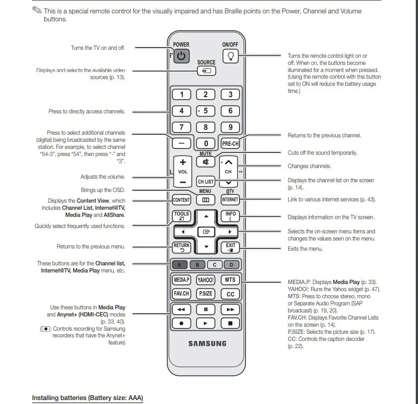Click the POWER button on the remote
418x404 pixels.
(x=181, y=56)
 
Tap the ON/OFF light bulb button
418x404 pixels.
(x=230, y=56)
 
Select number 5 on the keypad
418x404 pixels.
(x=206, y=111)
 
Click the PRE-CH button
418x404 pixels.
(x=230, y=144)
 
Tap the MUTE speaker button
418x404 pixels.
(x=206, y=162)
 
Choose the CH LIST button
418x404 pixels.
(x=206, y=181)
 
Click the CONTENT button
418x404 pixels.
(x=182, y=200)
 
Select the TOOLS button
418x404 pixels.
(x=182, y=216)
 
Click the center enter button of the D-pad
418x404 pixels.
(x=206, y=232)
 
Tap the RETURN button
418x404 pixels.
(x=182, y=247)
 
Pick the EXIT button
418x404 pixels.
(x=230, y=247)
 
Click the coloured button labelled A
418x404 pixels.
(x=180, y=265)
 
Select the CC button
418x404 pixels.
(x=230, y=294)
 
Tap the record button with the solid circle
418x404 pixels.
(x=182, y=323)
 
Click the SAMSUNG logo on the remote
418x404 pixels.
(x=207, y=344)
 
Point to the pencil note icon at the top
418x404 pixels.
(x=37, y=10)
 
